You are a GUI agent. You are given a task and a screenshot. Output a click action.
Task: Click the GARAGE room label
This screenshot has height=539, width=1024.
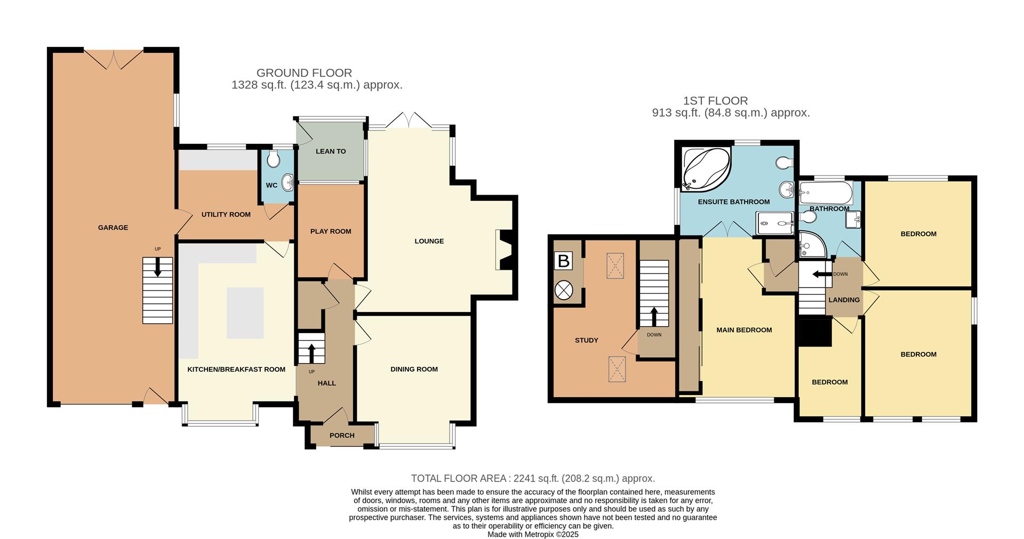tap(113, 228)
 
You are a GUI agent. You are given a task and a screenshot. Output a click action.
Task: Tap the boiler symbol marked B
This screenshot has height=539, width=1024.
tap(564, 261)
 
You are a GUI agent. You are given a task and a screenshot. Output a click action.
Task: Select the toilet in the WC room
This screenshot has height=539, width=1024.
tap(274, 159)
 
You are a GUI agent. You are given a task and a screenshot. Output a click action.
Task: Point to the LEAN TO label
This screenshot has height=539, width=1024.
tap(331, 151)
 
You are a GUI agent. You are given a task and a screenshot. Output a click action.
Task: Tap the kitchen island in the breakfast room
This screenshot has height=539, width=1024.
tap(245, 312)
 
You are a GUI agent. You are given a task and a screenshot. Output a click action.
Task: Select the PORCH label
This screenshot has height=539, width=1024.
tap(342, 436)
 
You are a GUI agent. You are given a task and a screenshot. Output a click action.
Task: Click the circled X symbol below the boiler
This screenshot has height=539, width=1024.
tap(563, 291)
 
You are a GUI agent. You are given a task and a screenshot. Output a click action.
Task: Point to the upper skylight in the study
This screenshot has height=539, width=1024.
tap(615, 266)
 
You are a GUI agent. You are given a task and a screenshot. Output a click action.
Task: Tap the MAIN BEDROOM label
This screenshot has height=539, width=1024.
tap(744, 330)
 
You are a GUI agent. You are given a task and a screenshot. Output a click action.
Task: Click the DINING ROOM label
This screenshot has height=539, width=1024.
tap(414, 369)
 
